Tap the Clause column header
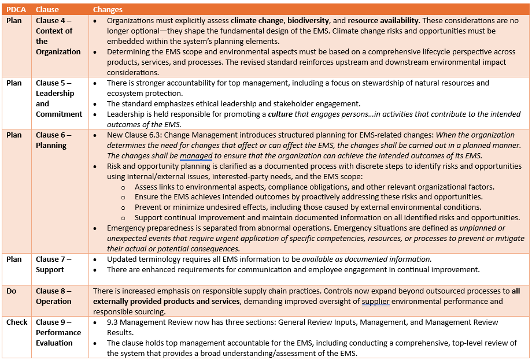click(47, 9)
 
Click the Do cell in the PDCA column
click(12, 291)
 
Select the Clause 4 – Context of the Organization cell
click(58, 36)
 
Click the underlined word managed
click(196, 156)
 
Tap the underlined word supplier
click(375, 302)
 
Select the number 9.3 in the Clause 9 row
click(113, 322)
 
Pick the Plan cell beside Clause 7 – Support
click(14, 259)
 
